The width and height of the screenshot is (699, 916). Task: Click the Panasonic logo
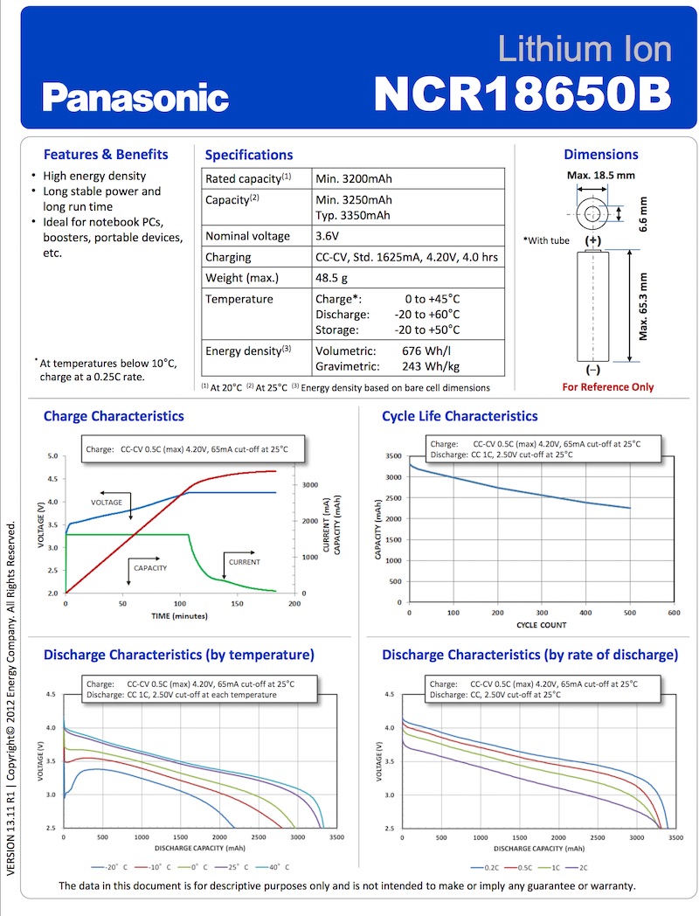click(135, 96)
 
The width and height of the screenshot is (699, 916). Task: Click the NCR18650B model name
click(522, 93)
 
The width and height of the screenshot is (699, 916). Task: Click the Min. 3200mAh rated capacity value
click(353, 178)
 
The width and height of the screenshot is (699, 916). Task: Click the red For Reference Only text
click(607, 386)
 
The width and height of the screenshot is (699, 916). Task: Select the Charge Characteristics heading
click(114, 416)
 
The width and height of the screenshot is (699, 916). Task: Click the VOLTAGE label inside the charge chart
click(107, 503)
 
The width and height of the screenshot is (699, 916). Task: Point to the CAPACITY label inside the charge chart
click(150, 568)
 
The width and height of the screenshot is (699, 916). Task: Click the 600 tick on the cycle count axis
click(673, 614)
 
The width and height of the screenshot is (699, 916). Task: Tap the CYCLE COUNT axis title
click(542, 625)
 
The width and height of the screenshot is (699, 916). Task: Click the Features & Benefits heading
click(106, 154)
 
